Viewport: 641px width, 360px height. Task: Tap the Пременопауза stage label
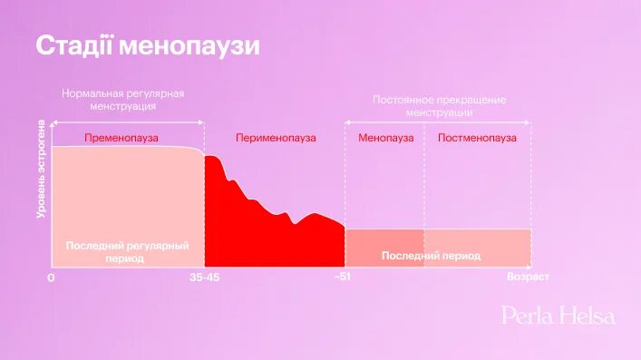pyautogui.click(x=121, y=138)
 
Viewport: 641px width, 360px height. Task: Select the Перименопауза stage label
pyautogui.click(x=276, y=138)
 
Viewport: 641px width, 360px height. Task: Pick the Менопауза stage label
pyautogui.click(x=385, y=138)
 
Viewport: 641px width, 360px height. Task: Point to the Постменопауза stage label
pyautogui.click(x=477, y=138)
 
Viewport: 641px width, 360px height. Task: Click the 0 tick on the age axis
pyautogui.click(x=51, y=277)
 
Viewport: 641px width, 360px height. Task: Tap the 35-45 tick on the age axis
pyautogui.click(x=204, y=277)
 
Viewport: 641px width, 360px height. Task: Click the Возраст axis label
pyautogui.click(x=528, y=277)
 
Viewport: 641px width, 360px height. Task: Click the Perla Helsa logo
pyautogui.click(x=558, y=316)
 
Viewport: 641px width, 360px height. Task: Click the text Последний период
pyautogui.click(x=431, y=256)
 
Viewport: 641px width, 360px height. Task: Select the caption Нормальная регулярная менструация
pyautogui.click(x=123, y=100)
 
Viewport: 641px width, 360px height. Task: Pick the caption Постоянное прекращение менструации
pyautogui.click(x=440, y=105)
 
